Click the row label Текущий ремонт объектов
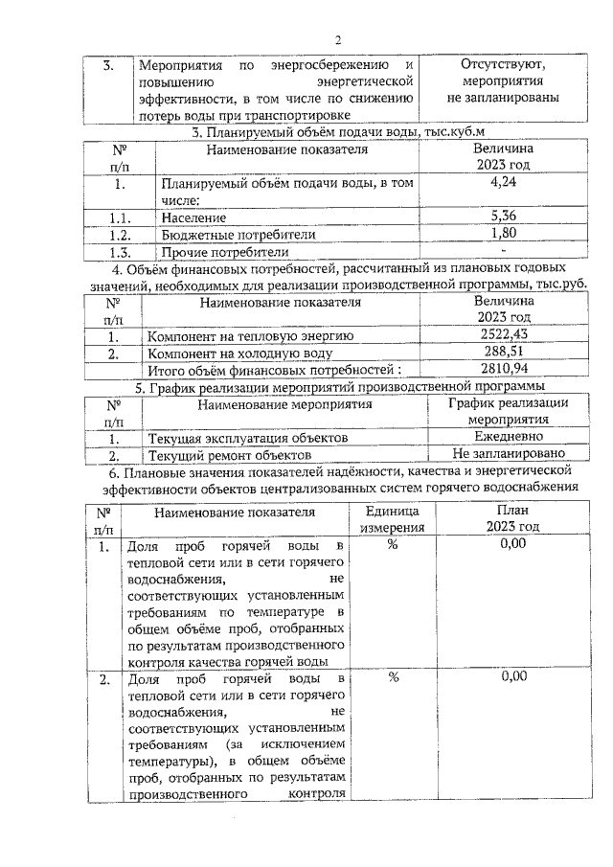229,455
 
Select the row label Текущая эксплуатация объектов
246,438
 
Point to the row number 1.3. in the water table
119,253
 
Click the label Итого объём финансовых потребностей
283,371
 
